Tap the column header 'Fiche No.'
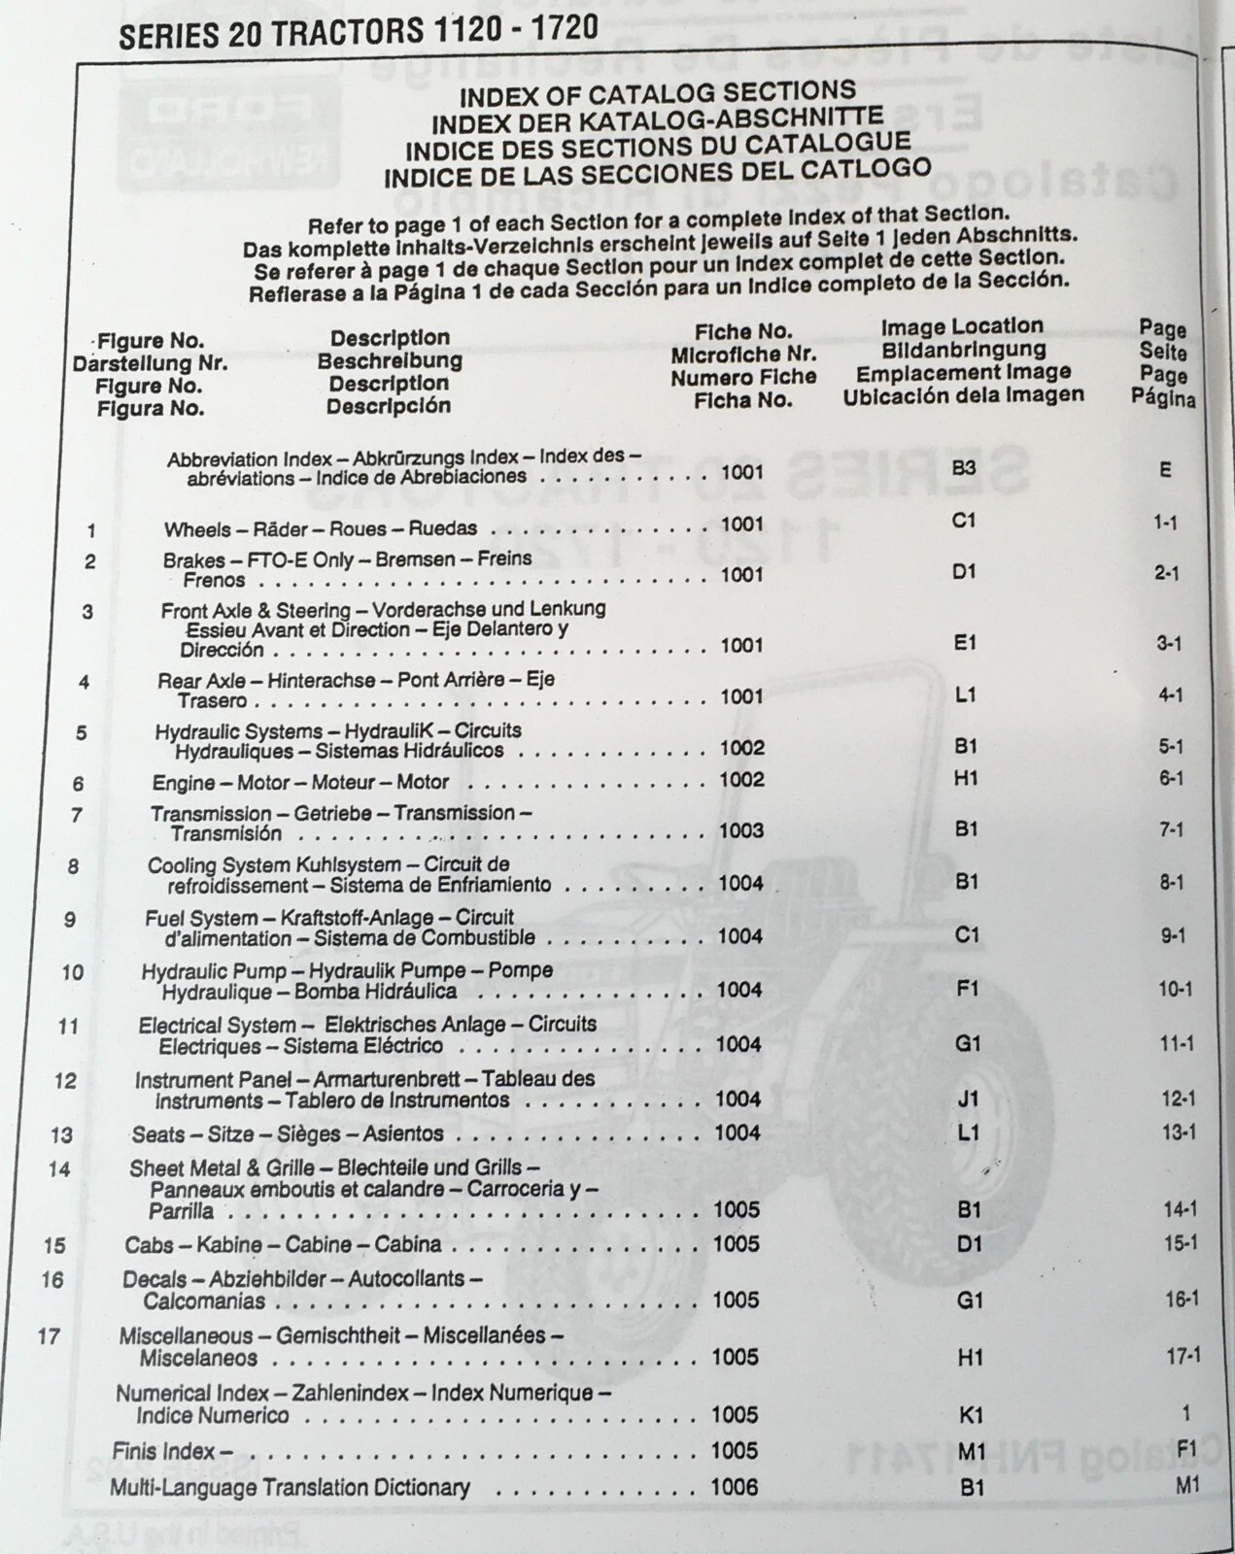(743, 332)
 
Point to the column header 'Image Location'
(962, 326)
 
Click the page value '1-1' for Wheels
(1166, 523)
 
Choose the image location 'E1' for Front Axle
(965, 643)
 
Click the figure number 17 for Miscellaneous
(49, 1336)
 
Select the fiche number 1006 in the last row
(735, 1486)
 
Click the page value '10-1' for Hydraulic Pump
(1175, 990)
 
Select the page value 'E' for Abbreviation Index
(1165, 470)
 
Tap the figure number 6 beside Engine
(78, 783)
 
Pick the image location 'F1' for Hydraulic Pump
(968, 989)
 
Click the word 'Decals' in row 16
(154, 1279)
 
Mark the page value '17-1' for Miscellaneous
(1183, 1357)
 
